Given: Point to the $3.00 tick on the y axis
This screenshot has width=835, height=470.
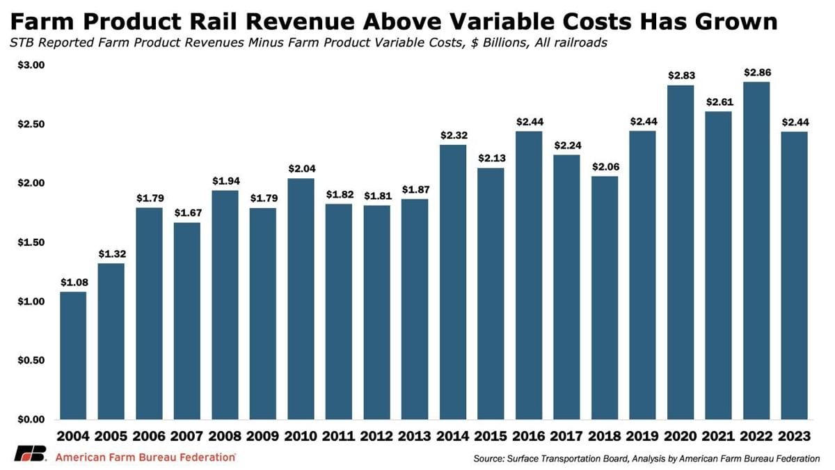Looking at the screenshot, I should pos(30,65).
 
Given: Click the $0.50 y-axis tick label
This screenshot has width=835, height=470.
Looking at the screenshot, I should pos(30,361).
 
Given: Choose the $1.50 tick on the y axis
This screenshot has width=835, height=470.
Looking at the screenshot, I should pos(30,242).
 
